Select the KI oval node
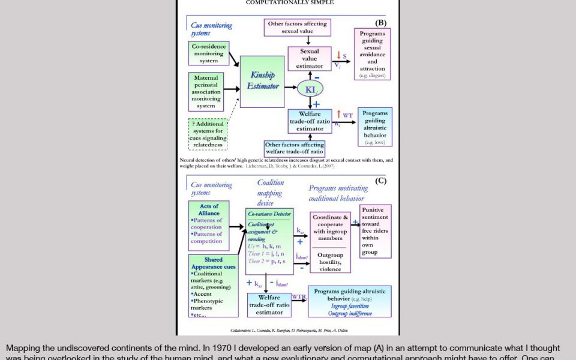click(310, 89)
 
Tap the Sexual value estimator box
click(310, 59)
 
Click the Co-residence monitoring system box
click(209, 53)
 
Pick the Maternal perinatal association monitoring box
click(206, 92)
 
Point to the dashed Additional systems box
click(208, 134)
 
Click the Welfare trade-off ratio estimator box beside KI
click(310, 121)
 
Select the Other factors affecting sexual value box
click(298, 27)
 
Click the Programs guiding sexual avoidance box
click(372, 55)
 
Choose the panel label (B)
click(380, 23)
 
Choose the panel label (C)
click(380, 181)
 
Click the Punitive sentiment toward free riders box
click(376, 231)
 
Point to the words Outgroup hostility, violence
click(330, 262)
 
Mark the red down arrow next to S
click(338, 56)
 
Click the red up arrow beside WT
click(338, 115)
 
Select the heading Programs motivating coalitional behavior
click(338, 193)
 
